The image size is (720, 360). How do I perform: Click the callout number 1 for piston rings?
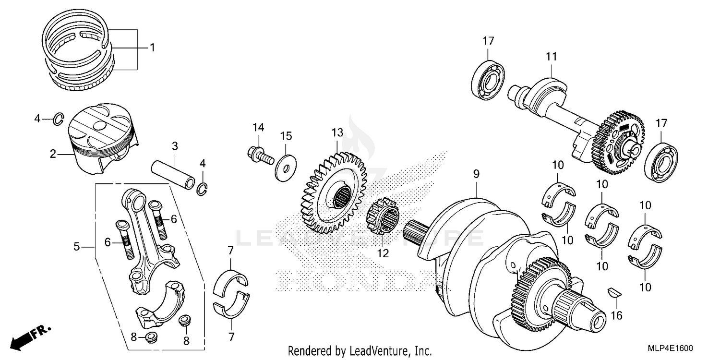152,48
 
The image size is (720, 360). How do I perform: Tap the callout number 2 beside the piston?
53,154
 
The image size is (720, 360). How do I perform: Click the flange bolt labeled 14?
258,154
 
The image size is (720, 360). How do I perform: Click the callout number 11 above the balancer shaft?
551,57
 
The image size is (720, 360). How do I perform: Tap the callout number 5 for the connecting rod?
76,247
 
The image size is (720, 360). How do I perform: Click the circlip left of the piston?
58,118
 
